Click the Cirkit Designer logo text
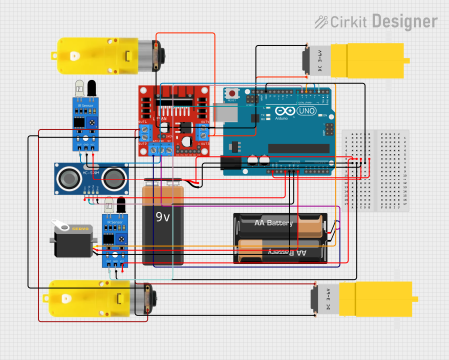point(384,20)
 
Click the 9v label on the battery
point(164,213)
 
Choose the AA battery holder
point(279,239)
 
